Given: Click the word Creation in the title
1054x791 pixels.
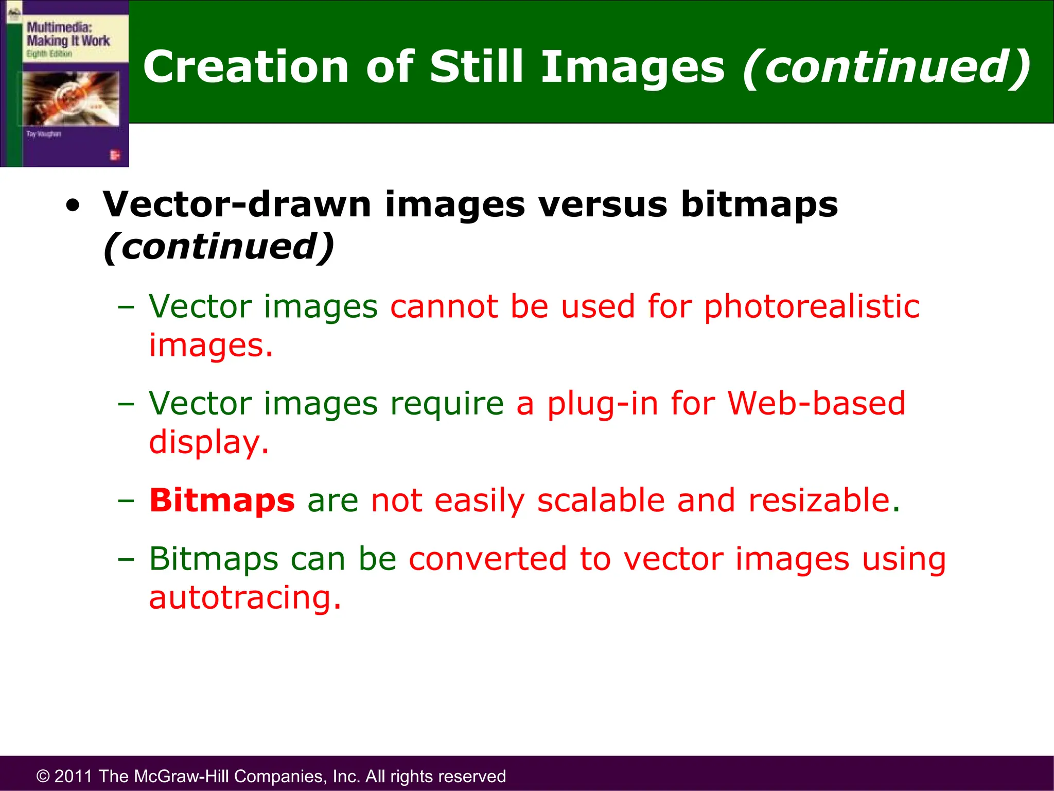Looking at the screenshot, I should pyautogui.click(x=246, y=67).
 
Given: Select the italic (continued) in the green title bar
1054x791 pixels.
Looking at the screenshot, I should pyautogui.click(x=886, y=67).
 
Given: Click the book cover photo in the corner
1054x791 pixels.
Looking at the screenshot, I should pyautogui.click(x=71, y=98).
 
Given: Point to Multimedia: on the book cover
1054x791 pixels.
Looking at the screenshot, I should pyautogui.click(x=59, y=27).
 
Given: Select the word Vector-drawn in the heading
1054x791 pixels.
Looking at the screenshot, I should pyautogui.click(x=237, y=204).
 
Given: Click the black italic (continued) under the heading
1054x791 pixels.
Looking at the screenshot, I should pyautogui.click(x=219, y=247).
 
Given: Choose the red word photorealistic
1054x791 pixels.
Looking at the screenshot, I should pyautogui.click(x=811, y=307).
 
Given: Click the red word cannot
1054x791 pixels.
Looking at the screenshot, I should pyautogui.click(x=444, y=307).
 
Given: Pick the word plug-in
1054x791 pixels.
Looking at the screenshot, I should pyautogui.click(x=602, y=404).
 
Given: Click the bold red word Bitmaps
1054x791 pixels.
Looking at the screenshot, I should pyautogui.click(x=222, y=501).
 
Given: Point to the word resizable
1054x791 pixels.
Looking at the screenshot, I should pyautogui.click(x=823, y=500).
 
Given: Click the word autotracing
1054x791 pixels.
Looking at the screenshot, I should pyautogui.click(x=244, y=598).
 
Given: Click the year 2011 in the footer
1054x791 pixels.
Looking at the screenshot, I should pyautogui.click(x=74, y=776).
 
